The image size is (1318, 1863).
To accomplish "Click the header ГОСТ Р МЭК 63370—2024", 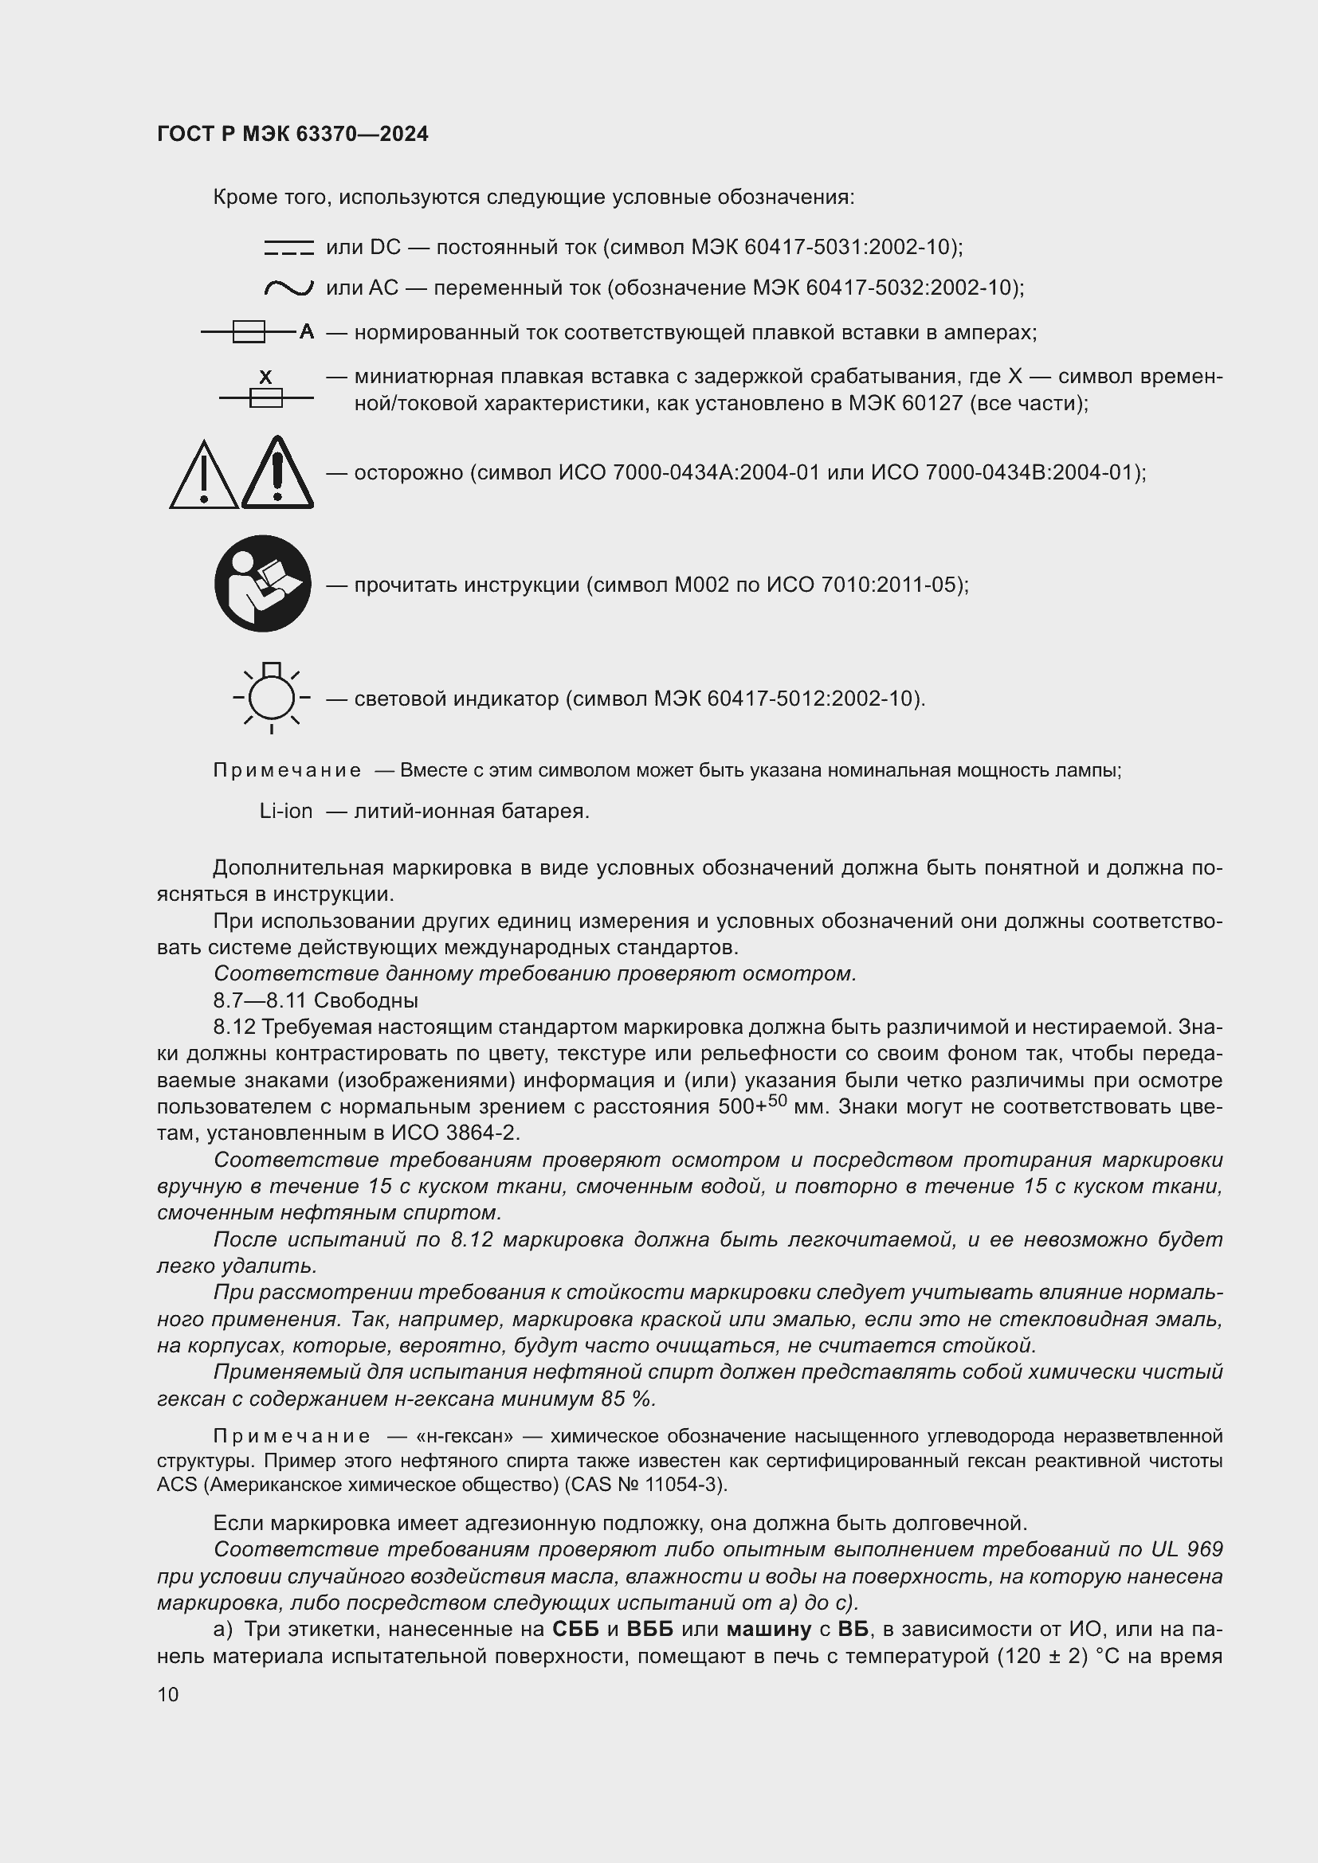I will [x=292, y=134].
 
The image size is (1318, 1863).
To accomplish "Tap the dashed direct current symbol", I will [x=288, y=248].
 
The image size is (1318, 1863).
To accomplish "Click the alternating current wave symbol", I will [x=288, y=288].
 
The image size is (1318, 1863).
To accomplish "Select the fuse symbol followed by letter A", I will [x=257, y=332].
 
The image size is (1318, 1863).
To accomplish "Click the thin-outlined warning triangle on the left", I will [x=204, y=476].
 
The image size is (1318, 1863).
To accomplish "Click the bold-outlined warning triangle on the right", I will [x=277, y=474].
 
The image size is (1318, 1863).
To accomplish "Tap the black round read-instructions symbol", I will [x=262, y=583].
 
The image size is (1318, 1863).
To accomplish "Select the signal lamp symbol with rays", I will [x=271, y=697].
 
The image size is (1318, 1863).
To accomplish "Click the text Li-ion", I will [x=286, y=811].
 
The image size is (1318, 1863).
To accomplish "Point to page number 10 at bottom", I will [x=168, y=1694].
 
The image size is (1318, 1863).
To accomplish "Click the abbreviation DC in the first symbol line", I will [x=385, y=248].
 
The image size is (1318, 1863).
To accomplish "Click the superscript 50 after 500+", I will [x=777, y=1100].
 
